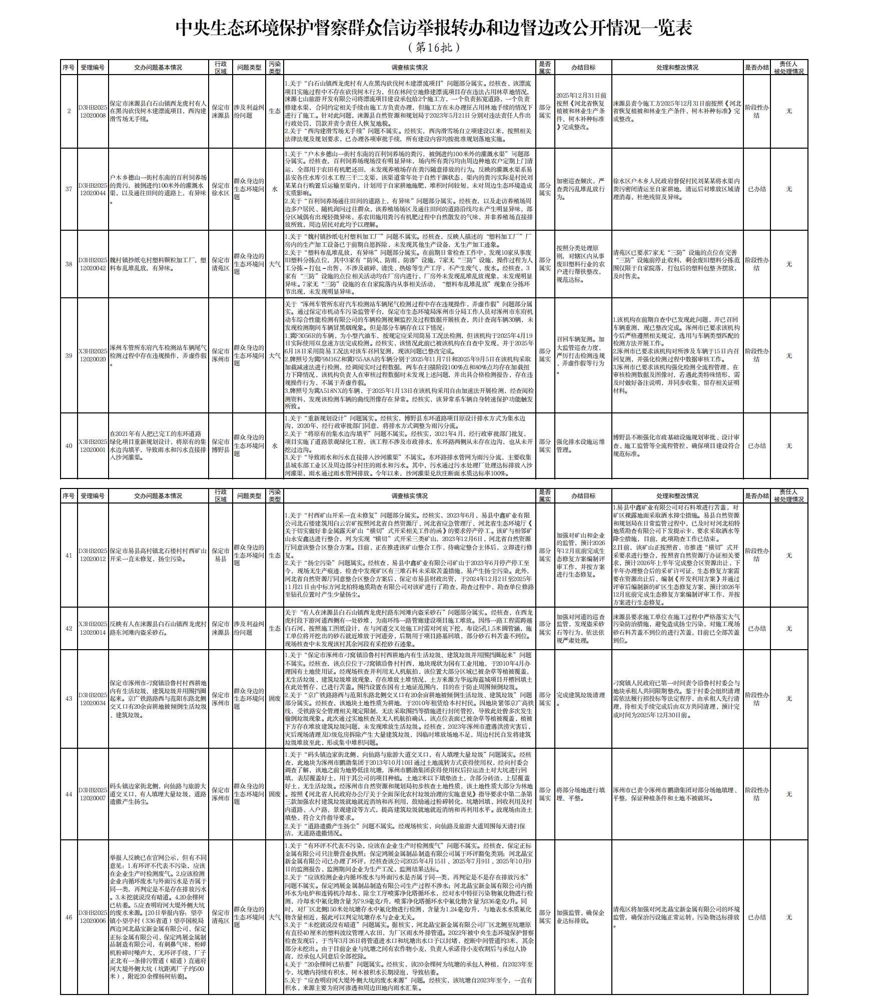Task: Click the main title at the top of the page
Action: point(434,28)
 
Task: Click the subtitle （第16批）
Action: point(434,48)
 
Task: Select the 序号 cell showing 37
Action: point(69,189)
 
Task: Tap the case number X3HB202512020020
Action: point(93,355)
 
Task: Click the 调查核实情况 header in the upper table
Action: point(409,68)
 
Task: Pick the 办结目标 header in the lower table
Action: point(583,496)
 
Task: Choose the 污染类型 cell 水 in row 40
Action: point(275,446)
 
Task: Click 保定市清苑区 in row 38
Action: point(221,264)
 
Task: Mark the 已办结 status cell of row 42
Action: point(756,629)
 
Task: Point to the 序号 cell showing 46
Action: point(69,917)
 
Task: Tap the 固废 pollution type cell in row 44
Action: point(275,794)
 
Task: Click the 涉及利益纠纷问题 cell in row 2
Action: point(249,111)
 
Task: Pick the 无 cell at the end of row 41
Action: point(788,556)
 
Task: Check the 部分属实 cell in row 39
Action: point(545,355)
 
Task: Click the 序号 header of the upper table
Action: point(69,68)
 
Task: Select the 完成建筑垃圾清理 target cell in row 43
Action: point(583,698)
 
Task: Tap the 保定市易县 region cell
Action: point(221,555)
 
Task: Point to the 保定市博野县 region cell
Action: point(221,446)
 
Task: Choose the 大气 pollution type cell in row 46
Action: point(275,917)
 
